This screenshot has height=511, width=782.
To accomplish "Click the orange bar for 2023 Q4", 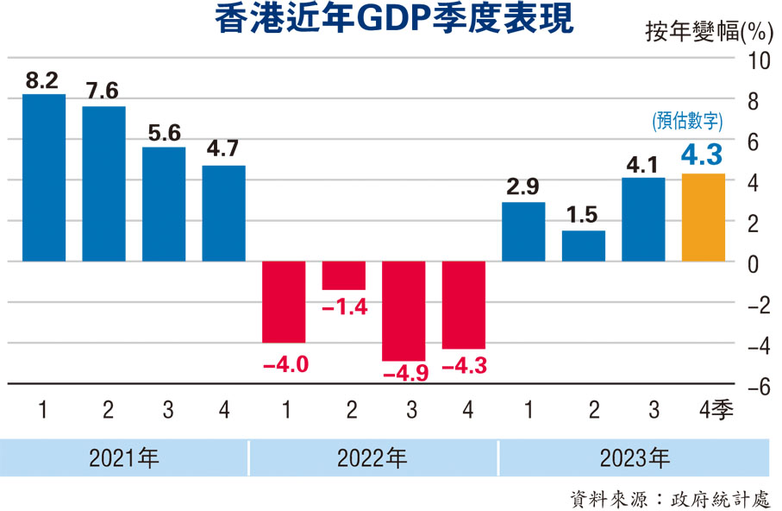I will pyautogui.click(x=703, y=218).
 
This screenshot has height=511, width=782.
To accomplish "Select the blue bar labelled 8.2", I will pyautogui.click(x=44, y=178).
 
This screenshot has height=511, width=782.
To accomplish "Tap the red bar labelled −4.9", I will pyautogui.click(x=404, y=311).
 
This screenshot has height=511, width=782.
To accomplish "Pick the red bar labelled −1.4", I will pyautogui.click(x=343, y=275).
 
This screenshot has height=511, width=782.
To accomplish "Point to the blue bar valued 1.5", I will pyautogui.click(x=584, y=246).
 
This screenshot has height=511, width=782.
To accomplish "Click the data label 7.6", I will pyautogui.click(x=103, y=91).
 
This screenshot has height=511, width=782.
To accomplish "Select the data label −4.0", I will pyautogui.click(x=285, y=364).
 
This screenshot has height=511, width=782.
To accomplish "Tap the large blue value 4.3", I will pyautogui.click(x=703, y=155).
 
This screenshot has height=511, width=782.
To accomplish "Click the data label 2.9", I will pyautogui.click(x=523, y=186).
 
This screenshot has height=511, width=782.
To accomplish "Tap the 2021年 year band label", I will pyautogui.click(x=124, y=457).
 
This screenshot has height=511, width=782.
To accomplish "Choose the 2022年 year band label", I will pyautogui.click(x=372, y=457).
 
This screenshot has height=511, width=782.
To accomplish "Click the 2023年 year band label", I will pyautogui.click(x=635, y=457).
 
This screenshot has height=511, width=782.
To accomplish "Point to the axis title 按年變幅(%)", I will pyautogui.click(x=708, y=33).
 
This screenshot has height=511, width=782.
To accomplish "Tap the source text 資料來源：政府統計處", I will pyautogui.click(x=670, y=498).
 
